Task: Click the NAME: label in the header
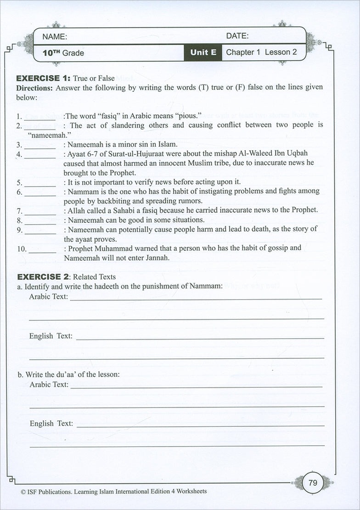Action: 55,37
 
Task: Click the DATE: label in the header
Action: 237,36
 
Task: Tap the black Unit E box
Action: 203,52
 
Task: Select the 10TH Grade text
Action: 63,53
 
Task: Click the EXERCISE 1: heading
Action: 44,78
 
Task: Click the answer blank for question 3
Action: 40,147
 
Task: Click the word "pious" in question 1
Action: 187,116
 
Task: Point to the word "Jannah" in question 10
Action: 157,258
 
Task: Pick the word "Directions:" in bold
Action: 34,87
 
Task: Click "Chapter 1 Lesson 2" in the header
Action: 258,52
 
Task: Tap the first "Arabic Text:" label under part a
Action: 48,297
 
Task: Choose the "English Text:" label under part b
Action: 51,424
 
